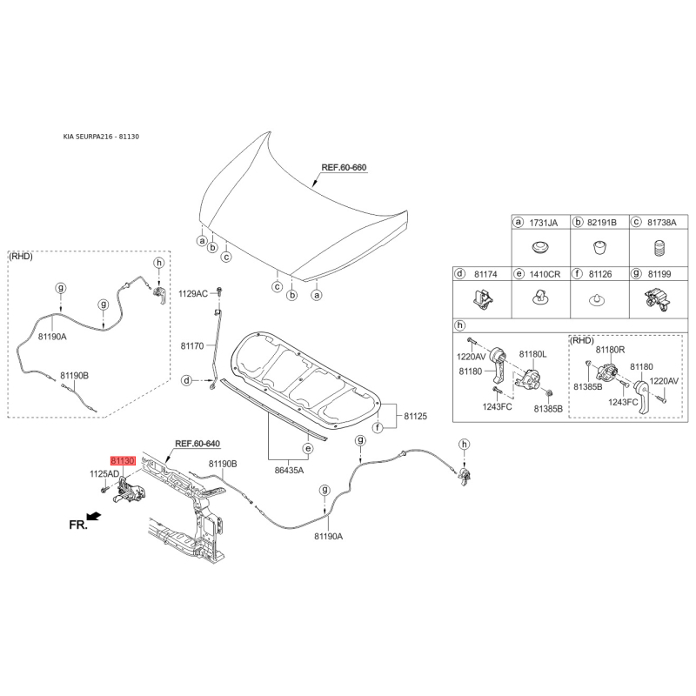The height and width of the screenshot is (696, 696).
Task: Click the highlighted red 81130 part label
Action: click(123, 461)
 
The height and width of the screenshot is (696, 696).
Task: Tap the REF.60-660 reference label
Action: click(344, 167)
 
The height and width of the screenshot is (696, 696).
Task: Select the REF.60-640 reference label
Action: click(197, 444)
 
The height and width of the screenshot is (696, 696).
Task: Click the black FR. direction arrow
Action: click(94, 516)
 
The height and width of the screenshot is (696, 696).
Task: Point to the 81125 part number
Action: click(416, 416)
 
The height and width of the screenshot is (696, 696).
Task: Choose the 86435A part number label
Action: click(290, 470)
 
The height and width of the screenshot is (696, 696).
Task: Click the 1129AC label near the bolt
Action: click(193, 293)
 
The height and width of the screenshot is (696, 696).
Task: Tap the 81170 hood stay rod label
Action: click(192, 345)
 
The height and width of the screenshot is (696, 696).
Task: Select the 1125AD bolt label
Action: click(104, 473)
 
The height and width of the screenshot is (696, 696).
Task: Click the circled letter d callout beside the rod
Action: click(187, 380)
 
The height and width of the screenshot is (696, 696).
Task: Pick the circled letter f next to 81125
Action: click(378, 428)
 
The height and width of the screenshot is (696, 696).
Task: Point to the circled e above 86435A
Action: click(308, 449)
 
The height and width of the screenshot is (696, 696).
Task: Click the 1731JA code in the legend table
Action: click(543, 223)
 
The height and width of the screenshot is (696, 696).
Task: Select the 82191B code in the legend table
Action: click(602, 223)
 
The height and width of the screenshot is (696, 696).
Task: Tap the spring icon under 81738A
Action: click(659, 248)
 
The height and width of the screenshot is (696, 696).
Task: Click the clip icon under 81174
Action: click(483, 299)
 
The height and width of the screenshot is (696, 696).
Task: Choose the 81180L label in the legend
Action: click(533, 354)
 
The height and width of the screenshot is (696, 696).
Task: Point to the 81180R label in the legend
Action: click(611, 350)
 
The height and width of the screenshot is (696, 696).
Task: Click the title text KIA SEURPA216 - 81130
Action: click(101, 137)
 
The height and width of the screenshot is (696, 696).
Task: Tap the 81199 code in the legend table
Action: click(659, 274)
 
